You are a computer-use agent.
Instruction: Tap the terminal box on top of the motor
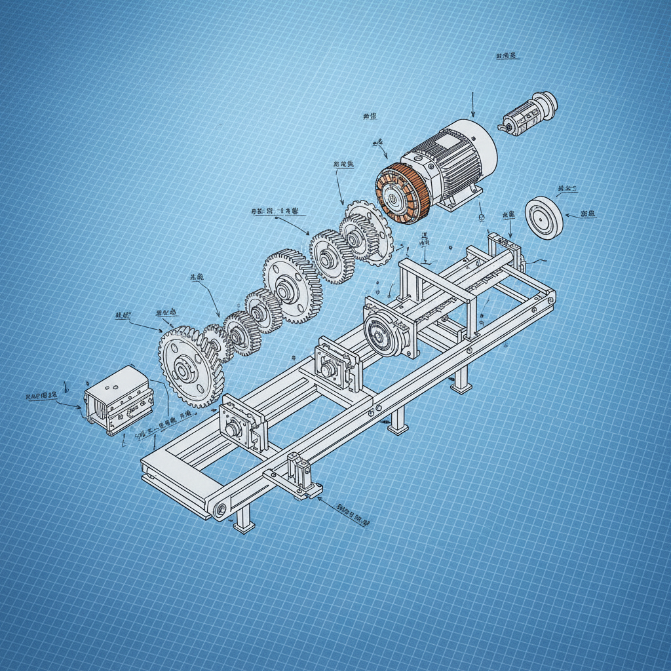(x=448, y=140)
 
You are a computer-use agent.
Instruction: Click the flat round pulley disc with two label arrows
(x=544, y=217)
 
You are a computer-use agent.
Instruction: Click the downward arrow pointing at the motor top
(x=472, y=105)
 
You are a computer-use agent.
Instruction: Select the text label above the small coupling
(x=507, y=56)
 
